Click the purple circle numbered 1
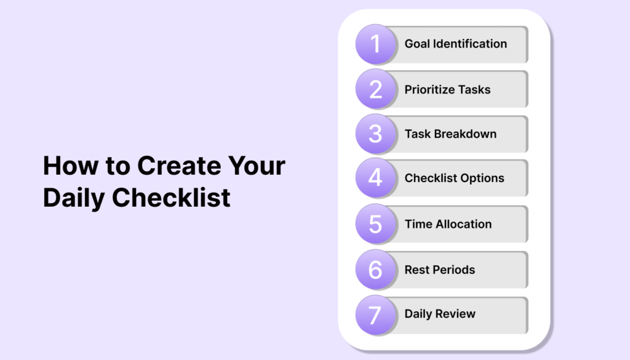[375, 44]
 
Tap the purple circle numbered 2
[375, 89]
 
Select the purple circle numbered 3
[375, 134]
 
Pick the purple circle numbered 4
[375, 178]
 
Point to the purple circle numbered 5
[375, 224]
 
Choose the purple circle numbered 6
[375, 269]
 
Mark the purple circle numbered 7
[375, 315]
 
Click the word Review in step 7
[458, 313]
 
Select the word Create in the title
[179, 166]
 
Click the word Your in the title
[257, 166]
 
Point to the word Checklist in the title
[171, 198]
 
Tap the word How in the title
[71, 166]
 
